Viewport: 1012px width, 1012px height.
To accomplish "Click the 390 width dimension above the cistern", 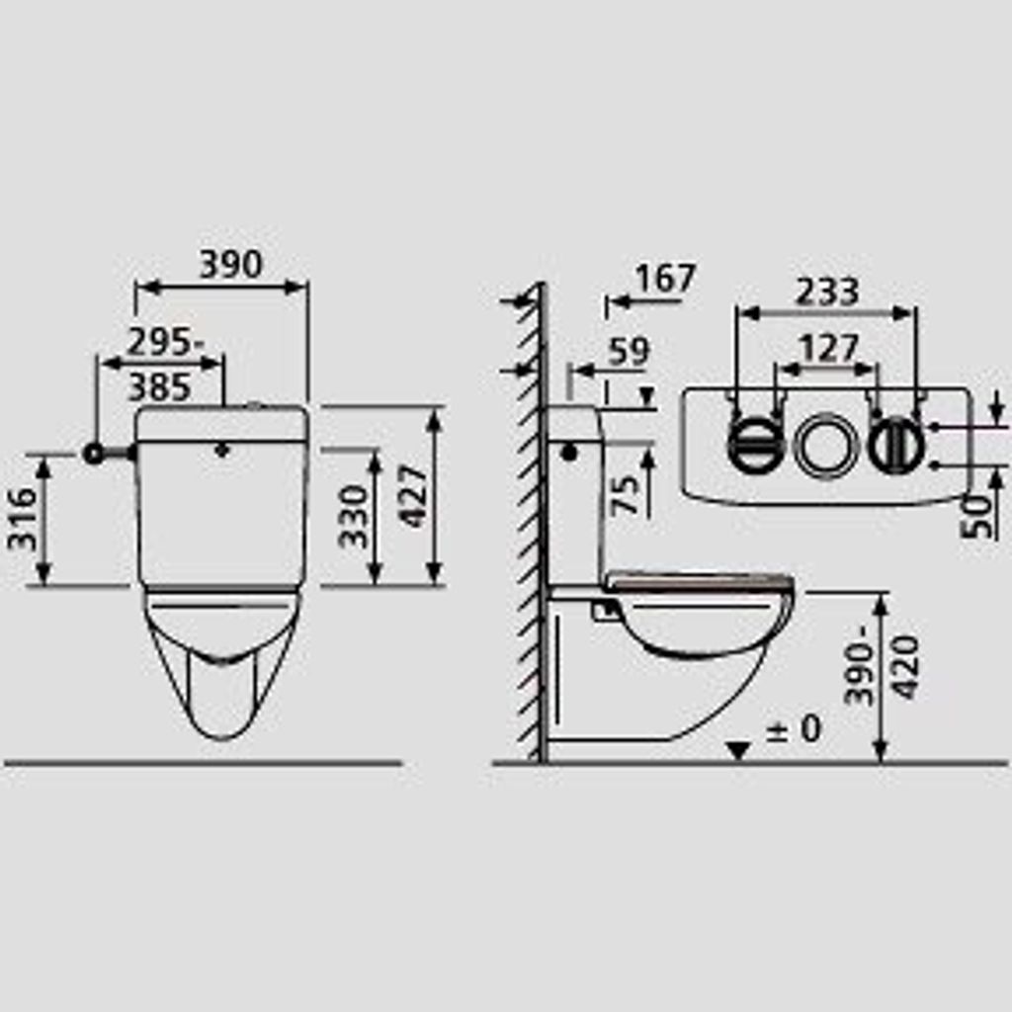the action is point(231,264).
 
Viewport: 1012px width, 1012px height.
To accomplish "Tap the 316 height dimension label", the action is point(23,519).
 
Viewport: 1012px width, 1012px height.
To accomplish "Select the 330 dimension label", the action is point(353,517).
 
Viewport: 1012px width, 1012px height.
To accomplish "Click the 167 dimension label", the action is point(665,278).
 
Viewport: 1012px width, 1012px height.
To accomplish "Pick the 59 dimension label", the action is point(629,351).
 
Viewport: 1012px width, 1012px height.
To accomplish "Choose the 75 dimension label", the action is point(625,495).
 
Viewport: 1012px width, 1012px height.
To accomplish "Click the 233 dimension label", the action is point(827,292).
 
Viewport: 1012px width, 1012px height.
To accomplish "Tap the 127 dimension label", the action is point(829,349).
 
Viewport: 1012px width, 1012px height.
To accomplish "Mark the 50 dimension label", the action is point(976,516).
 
